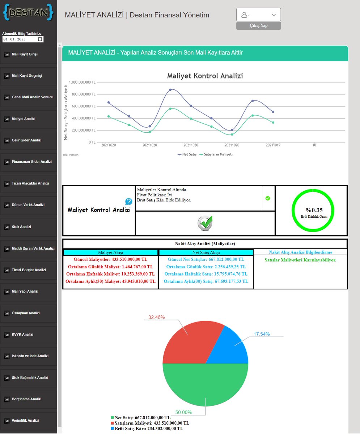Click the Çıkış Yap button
coord(258,26)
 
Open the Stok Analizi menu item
coord(21,227)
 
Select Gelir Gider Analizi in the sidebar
coord(26,140)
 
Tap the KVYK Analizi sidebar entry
coord(22,335)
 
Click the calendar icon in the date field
coord(40,39)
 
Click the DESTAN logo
coord(28,12)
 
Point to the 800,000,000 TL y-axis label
coord(84,94)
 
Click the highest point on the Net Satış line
coord(170,90)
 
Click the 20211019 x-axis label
coord(273,145)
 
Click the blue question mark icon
coord(128,201)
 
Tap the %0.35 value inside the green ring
coord(314,210)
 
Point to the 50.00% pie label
coord(183,412)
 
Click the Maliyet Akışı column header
coord(111,252)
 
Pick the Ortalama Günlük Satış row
coord(206,267)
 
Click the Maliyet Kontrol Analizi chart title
coord(205,76)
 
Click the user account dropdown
coord(258,14)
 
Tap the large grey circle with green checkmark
coord(205,223)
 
